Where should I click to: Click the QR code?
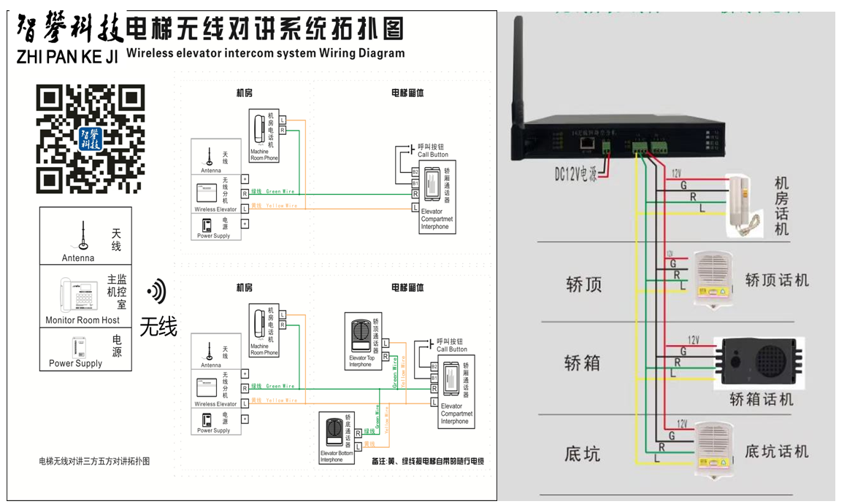(x=91, y=139)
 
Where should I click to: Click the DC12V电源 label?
(x=575, y=174)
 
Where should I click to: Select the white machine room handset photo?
(x=745, y=206)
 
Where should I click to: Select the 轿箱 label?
(x=583, y=363)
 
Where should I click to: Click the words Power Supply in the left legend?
(x=76, y=363)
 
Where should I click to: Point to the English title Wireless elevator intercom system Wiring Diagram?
(x=265, y=53)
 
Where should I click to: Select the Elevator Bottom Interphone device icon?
(x=335, y=435)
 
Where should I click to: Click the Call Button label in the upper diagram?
(x=433, y=155)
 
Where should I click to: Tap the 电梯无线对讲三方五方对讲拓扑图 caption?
(x=94, y=461)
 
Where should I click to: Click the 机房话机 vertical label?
(x=781, y=206)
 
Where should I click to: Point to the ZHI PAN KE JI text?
(x=67, y=57)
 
